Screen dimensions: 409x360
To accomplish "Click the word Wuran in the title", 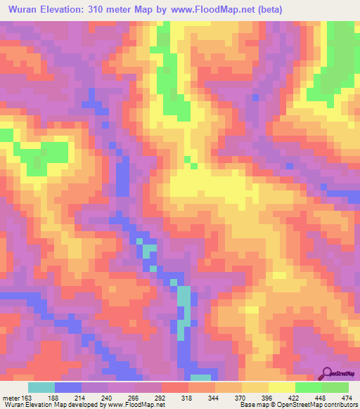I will point(26,10).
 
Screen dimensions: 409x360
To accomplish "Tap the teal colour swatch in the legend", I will point(41,387).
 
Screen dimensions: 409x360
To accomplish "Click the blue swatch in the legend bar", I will point(68,387).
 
